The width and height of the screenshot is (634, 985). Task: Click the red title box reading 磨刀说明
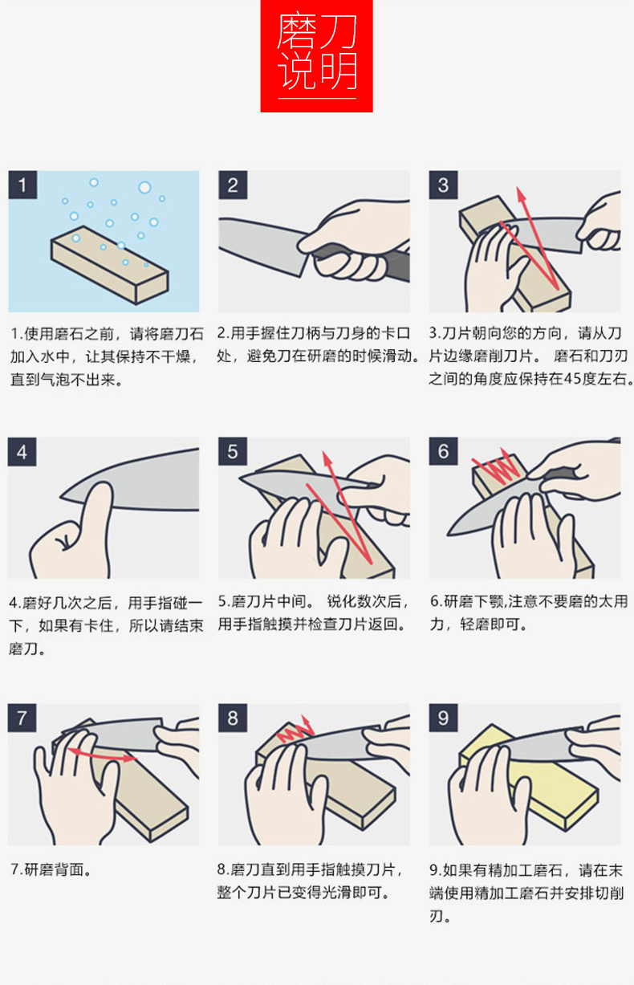(x=316, y=56)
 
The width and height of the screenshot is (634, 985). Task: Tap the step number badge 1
(x=22, y=185)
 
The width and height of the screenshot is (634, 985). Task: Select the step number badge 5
(x=233, y=451)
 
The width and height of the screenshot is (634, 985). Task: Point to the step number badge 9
(x=443, y=718)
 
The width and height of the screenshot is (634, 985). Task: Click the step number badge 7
(x=22, y=718)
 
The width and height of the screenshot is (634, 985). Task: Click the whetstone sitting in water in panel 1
(x=109, y=265)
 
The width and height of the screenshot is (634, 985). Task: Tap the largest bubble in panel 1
(x=144, y=188)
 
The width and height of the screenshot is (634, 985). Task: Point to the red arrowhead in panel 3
(x=521, y=194)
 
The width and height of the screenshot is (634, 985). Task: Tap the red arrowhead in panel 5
(x=327, y=459)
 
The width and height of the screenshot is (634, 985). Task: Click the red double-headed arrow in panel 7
(x=103, y=755)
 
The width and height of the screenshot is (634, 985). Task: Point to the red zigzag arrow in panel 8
(x=295, y=729)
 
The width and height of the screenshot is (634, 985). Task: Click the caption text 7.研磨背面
(x=51, y=869)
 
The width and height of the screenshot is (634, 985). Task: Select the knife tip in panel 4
(x=62, y=498)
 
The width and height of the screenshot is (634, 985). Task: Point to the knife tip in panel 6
(x=449, y=535)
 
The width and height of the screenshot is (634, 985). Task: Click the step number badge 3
(x=443, y=185)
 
